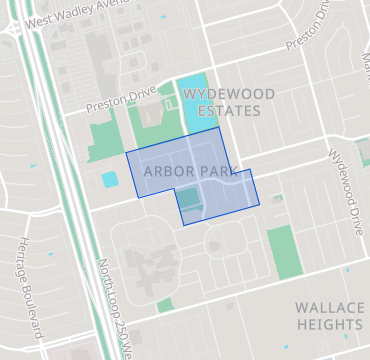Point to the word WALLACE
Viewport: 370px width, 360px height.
click(x=329, y=308)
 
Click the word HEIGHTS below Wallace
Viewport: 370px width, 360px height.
click(x=329, y=325)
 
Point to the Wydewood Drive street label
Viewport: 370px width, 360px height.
click(x=348, y=172)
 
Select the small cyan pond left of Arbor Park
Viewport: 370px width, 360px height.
click(x=109, y=180)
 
